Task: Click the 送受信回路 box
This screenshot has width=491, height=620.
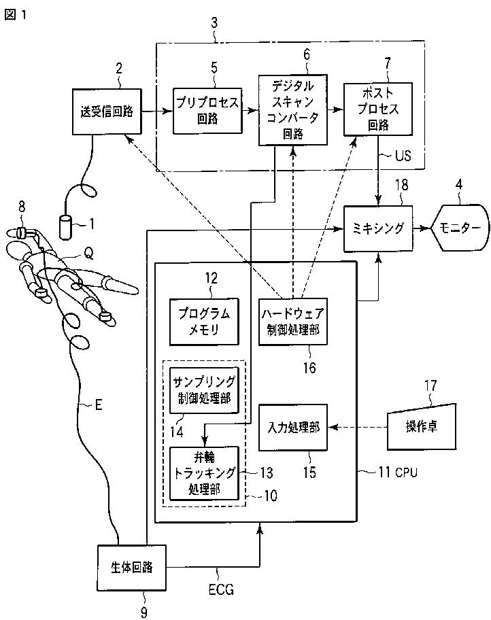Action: (x=107, y=112)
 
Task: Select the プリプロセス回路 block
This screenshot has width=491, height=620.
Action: (x=207, y=111)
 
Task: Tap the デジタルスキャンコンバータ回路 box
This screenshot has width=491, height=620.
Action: (x=293, y=110)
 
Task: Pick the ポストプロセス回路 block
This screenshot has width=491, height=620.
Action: (x=378, y=109)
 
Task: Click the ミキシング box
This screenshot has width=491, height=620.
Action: (x=378, y=228)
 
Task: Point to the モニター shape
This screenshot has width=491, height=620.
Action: (x=459, y=228)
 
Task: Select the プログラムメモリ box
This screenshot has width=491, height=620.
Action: (x=204, y=322)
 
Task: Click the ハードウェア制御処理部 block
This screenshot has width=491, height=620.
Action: (x=293, y=322)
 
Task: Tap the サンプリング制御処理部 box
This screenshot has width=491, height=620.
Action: (x=204, y=390)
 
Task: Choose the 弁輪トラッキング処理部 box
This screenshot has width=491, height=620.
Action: (x=204, y=473)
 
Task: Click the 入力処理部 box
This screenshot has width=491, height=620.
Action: (x=293, y=428)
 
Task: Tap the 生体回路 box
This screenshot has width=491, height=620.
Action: (x=132, y=568)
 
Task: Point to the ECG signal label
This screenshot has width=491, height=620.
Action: (x=221, y=590)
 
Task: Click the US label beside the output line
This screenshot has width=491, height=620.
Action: (x=403, y=156)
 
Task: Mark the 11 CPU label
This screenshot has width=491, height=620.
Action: (x=398, y=472)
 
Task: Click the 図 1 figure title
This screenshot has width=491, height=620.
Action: (x=16, y=15)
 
